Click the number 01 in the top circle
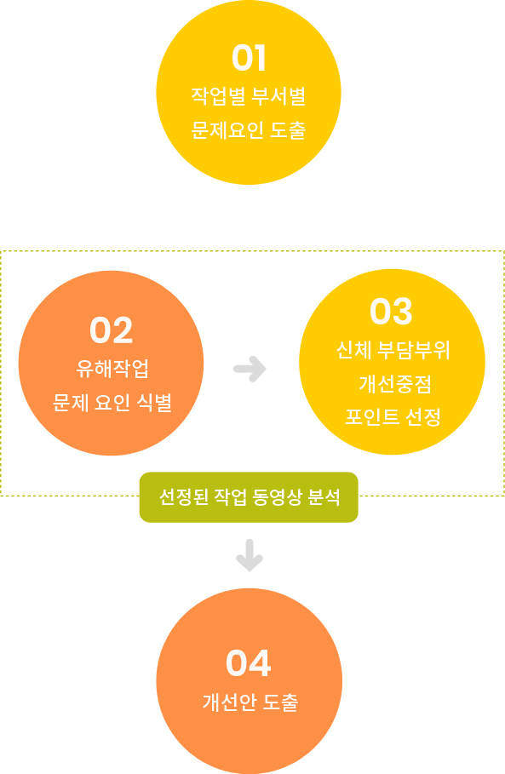(x=250, y=58)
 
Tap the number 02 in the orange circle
(x=111, y=330)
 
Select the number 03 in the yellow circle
(x=391, y=312)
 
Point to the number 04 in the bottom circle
(x=249, y=663)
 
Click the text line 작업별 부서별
(x=249, y=95)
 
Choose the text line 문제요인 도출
(x=249, y=129)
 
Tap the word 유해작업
(x=112, y=368)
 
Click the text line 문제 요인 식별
(x=112, y=402)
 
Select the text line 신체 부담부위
(x=393, y=350)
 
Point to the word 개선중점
(x=395, y=383)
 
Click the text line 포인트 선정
(x=393, y=417)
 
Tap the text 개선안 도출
(x=250, y=702)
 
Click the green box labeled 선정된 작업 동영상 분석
(x=249, y=497)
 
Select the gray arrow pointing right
(x=250, y=369)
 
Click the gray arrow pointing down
(x=250, y=555)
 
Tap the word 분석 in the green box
(x=324, y=497)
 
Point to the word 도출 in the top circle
(x=288, y=129)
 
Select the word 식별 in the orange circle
(x=154, y=402)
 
